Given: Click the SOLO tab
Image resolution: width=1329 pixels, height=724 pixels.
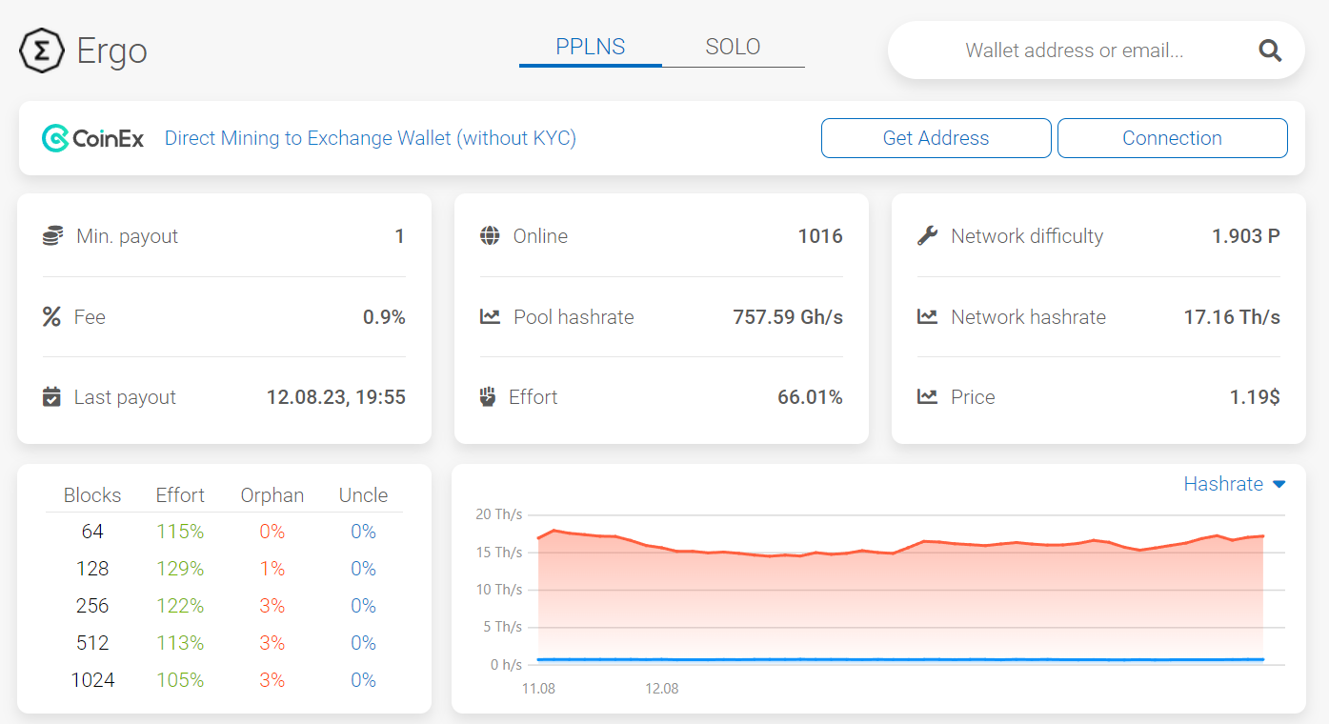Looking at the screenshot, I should point(733,47).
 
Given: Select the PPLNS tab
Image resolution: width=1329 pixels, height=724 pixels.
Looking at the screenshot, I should point(591,47).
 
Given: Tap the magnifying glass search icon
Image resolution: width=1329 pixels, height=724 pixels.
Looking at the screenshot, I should point(1270,50).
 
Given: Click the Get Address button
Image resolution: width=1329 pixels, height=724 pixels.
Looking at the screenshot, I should point(936,138).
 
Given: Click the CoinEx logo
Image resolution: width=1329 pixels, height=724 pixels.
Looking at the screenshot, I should point(93,138).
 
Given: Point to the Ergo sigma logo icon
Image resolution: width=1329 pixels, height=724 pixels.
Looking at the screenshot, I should point(42,50).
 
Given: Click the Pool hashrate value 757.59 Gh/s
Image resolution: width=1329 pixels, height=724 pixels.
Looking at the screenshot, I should point(787,317).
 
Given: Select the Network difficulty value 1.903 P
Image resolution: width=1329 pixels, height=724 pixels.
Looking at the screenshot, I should point(1245,236).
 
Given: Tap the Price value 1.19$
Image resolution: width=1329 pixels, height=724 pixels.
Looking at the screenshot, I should point(1254,397).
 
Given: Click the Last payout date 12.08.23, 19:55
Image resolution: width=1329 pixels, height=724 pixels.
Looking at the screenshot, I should point(335,397).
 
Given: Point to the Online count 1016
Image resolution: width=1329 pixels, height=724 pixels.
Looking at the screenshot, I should point(819,236).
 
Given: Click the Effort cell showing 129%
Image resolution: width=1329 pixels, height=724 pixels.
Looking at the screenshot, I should point(180,569).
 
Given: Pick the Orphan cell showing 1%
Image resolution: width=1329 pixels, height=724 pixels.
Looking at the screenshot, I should point(272,569).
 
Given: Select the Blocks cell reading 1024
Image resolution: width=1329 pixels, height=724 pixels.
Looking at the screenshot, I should point(92,680).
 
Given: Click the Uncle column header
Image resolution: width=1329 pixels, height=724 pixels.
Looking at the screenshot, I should point(363,495).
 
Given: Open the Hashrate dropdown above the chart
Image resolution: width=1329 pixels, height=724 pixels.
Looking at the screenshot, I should point(1234,484).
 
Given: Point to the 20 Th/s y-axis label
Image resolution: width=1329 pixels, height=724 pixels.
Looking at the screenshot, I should point(498,514).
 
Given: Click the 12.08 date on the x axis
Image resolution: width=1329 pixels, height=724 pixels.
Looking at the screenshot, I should point(661,688).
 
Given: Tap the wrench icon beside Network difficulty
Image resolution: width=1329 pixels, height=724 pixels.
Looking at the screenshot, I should point(927,236).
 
